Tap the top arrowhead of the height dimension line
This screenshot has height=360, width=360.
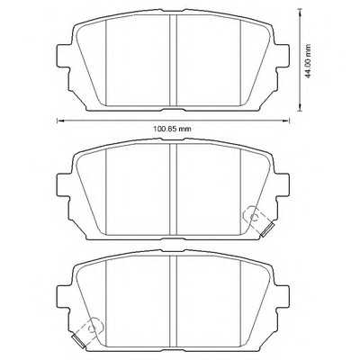pos(297,12)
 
